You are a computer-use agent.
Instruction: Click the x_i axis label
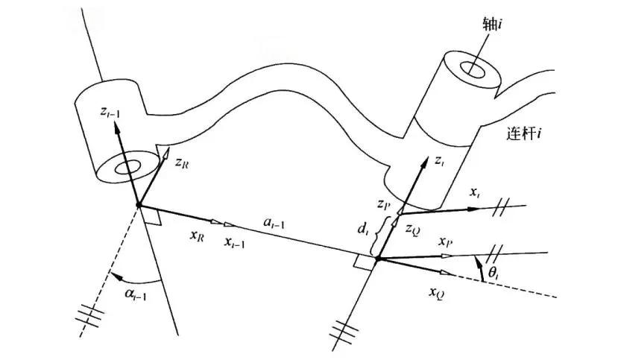click(x=474, y=193)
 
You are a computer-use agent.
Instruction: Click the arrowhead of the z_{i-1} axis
click(x=117, y=127)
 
